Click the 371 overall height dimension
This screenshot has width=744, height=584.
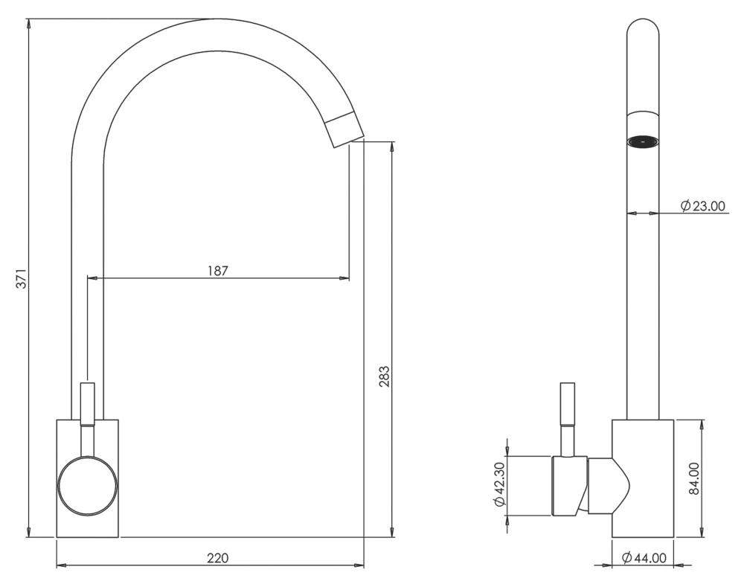point(22,277)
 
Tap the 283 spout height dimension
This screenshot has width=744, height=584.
point(384,377)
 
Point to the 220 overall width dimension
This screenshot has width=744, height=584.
point(217,557)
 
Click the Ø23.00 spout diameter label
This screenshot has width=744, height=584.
point(702,206)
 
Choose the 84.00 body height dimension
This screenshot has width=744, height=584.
point(693,478)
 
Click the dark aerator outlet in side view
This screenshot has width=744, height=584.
point(643,141)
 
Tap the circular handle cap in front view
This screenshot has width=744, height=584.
point(88,486)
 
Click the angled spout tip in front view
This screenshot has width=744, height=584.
point(344,128)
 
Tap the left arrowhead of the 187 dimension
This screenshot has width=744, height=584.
point(92,278)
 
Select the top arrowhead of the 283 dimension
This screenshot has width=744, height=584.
point(391,147)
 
